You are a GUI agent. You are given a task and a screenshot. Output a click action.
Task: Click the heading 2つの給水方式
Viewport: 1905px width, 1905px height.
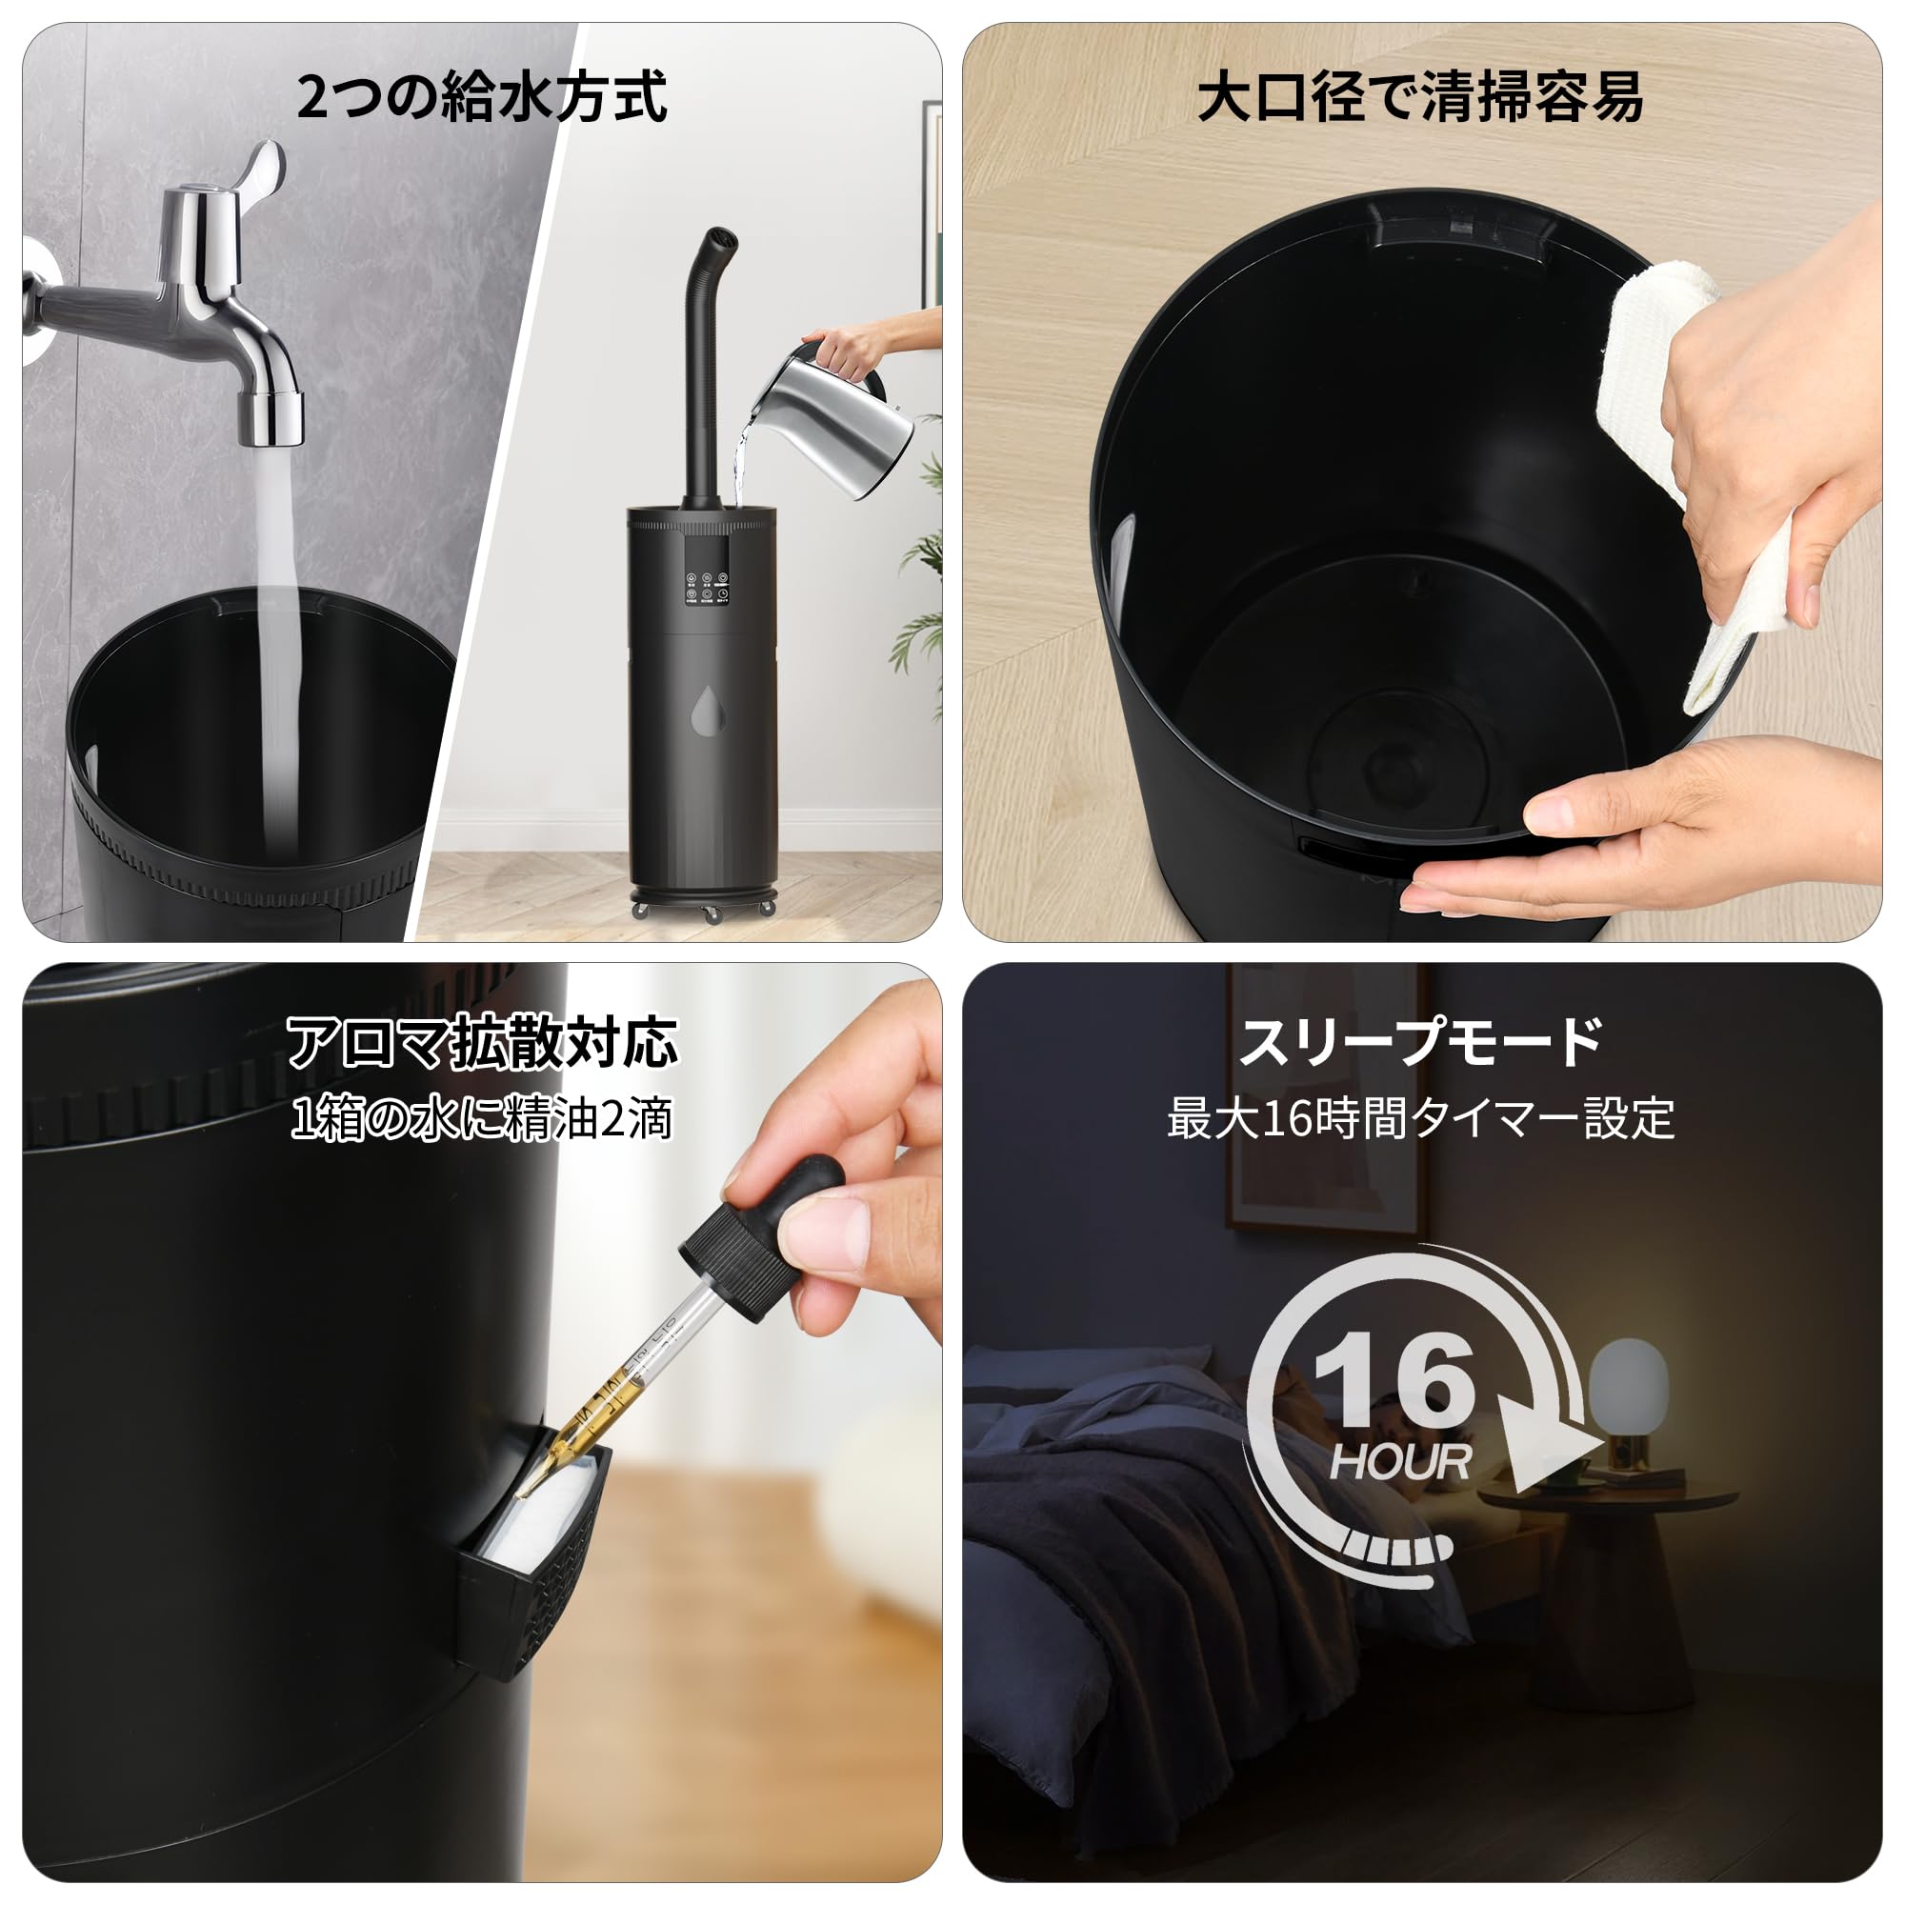click(x=482, y=96)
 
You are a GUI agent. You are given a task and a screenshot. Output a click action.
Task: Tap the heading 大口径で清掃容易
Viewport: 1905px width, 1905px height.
click(x=1420, y=96)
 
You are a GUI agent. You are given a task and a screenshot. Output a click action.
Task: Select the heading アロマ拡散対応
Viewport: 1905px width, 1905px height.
click(x=482, y=1042)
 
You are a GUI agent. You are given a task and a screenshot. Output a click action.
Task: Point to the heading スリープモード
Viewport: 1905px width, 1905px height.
click(x=1420, y=1042)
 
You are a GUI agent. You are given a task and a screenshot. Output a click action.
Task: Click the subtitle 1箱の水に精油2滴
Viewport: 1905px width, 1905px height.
click(x=482, y=1119)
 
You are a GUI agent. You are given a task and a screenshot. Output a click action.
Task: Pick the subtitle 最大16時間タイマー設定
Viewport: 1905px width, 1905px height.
click(x=1421, y=1119)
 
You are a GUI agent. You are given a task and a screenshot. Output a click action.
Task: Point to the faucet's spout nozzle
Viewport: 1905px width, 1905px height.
click(x=273, y=417)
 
